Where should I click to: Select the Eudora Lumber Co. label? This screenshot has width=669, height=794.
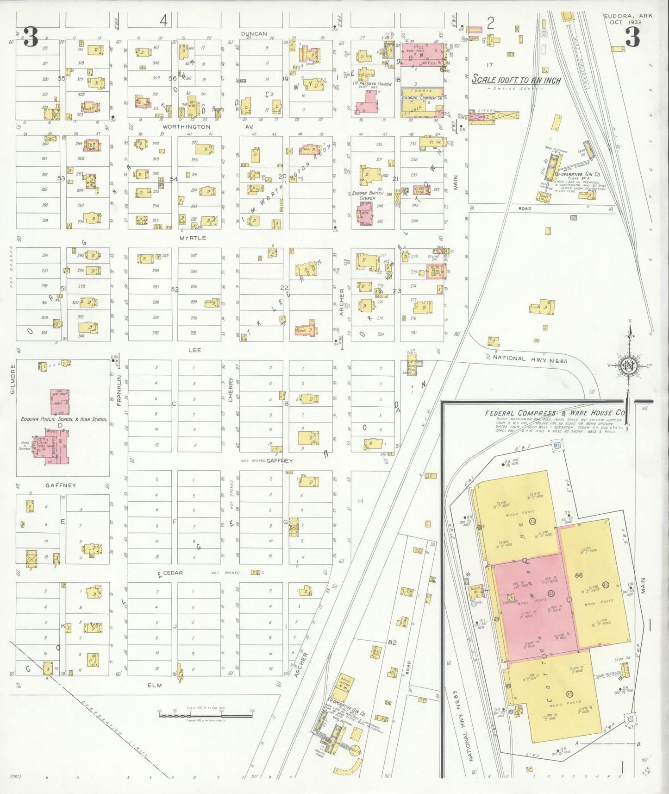click(x=421, y=98)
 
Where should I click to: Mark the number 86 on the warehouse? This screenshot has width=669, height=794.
click(x=578, y=575)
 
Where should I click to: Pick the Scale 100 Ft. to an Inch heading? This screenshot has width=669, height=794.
click(x=516, y=80)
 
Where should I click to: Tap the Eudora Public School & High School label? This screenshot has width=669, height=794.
click(x=64, y=419)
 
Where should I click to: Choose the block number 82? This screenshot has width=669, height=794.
click(x=393, y=643)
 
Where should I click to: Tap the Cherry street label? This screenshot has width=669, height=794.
click(x=231, y=390)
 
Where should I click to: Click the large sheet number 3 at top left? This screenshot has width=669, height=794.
click(x=31, y=37)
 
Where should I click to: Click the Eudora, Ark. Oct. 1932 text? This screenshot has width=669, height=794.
click(x=628, y=19)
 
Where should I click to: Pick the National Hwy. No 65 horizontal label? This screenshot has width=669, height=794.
click(x=530, y=358)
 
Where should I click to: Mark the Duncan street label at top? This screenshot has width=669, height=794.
click(x=254, y=33)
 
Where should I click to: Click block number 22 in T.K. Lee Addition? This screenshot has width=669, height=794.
click(x=284, y=288)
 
